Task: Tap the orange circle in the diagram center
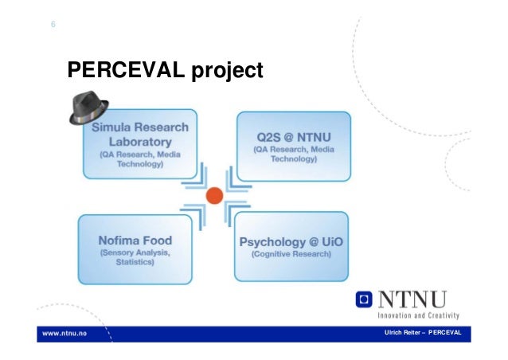[213, 194]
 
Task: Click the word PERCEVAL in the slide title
[127, 72]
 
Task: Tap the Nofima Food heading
[135, 240]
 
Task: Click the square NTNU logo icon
[363, 300]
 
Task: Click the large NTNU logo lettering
[412, 299]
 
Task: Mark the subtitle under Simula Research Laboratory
[141, 159]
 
